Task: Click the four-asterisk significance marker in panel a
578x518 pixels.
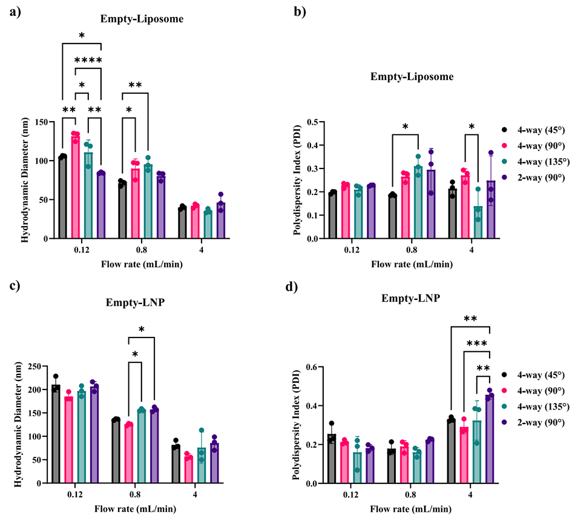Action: [88, 60]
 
